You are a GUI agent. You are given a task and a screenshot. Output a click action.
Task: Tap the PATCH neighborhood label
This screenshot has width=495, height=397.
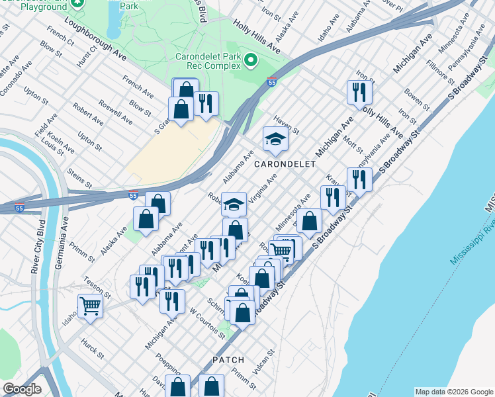coord(228,360)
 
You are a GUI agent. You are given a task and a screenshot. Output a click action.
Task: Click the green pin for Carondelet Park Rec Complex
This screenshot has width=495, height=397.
coord(251,61)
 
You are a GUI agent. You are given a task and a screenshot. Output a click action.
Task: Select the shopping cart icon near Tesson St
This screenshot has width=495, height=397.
coord(90,305)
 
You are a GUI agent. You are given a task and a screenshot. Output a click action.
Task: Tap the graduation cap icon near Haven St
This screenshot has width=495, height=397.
coord(275,138)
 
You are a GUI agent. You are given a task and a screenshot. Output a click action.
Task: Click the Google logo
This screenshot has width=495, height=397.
coord(21,389)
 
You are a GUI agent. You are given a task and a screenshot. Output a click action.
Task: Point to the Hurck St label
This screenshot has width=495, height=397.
coord(93,349)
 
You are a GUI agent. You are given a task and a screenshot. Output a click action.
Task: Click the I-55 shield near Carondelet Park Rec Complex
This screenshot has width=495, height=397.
coord(272,81)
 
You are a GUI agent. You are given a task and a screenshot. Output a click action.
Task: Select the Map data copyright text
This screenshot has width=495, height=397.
coord(453,392)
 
